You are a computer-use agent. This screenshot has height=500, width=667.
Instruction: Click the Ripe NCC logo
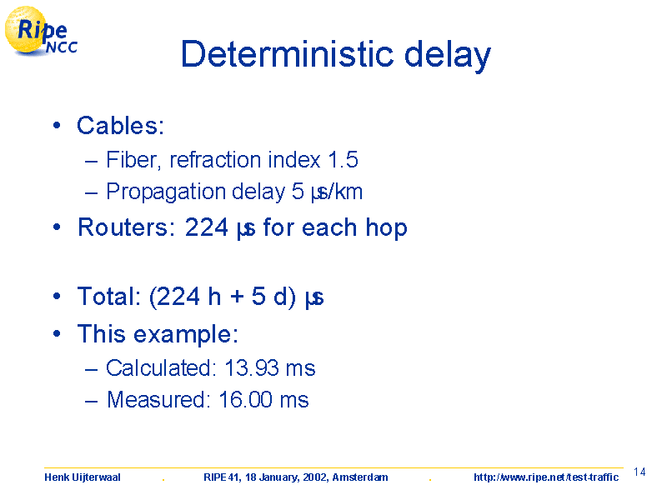(41, 31)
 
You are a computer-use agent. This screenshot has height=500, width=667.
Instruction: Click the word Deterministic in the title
(287, 53)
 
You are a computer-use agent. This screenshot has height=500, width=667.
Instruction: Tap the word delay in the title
(448, 55)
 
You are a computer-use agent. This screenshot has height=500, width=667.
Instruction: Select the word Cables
(117, 126)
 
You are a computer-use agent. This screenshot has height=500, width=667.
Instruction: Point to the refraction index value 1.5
(343, 160)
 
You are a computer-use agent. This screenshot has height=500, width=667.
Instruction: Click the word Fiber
(132, 160)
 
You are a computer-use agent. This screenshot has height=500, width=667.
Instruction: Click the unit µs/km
(337, 192)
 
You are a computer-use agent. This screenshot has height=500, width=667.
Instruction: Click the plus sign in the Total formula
(237, 297)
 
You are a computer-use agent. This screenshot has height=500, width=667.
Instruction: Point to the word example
(186, 335)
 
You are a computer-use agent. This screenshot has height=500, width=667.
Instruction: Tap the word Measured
(156, 400)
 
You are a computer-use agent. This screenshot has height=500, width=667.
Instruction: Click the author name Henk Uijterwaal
(83, 477)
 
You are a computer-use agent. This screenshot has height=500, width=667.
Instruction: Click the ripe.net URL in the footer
(546, 477)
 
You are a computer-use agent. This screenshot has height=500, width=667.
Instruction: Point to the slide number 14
(639, 472)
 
